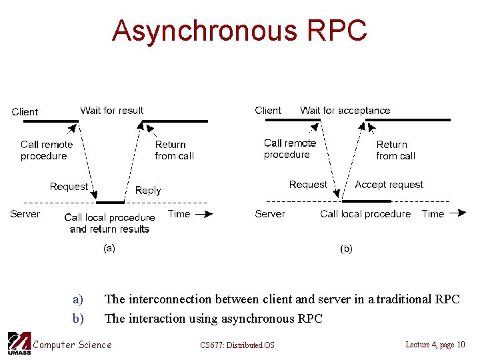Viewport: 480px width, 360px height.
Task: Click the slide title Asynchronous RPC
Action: (x=239, y=31)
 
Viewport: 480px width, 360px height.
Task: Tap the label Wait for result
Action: (x=111, y=111)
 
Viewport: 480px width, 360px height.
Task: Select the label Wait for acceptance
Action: (x=345, y=111)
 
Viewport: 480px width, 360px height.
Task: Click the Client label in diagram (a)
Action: (x=25, y=112)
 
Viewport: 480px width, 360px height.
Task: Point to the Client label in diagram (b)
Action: (x=268, y=111)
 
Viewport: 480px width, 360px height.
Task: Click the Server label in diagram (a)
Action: (x=25, y=214)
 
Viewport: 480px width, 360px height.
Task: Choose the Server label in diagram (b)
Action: (x=269, y=214)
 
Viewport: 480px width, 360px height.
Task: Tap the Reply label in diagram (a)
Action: (x=148, y=191)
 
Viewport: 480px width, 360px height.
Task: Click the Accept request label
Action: (x=389, y=185)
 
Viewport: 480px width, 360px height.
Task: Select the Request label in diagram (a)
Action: (x=69, y=187)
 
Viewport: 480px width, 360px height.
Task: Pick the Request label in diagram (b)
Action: (x=308, y=185)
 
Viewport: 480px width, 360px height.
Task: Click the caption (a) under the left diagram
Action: (x=108, y=248)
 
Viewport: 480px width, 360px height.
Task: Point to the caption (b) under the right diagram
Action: (x=346, y=249)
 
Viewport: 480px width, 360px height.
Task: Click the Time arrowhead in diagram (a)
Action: (x=209, y=214)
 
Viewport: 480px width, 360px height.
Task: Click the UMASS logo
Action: (x=19, y=343)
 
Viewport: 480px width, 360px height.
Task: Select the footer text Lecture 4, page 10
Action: (x=435, y=344)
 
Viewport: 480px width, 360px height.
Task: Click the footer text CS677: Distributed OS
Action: (x=237, y=345)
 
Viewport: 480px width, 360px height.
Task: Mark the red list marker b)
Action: (x=79, y=319)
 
